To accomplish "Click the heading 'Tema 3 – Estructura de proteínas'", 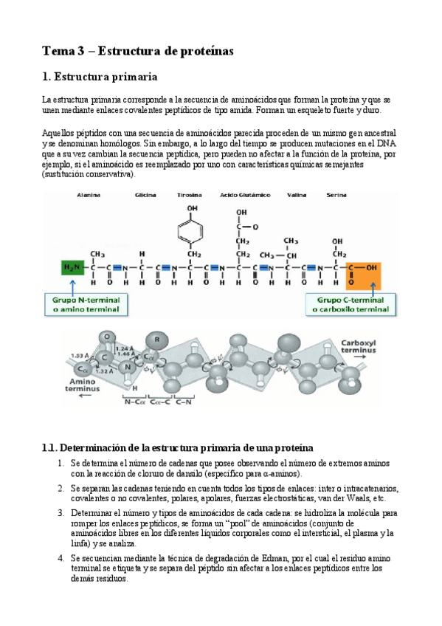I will click(x=137, y=51).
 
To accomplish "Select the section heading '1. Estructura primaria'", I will click(x=99, y=77).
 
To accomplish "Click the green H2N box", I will click(x=72, y=268).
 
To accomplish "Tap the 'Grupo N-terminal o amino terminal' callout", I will click(x=89, y=305).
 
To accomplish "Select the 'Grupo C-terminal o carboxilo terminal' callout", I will click(x=351, y=305).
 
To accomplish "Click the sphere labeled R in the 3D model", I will click(x=156, y=340).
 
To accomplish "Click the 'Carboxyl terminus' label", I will click(x=359, y=348).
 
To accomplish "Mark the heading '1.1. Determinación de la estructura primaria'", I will click(x=178, y=448).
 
